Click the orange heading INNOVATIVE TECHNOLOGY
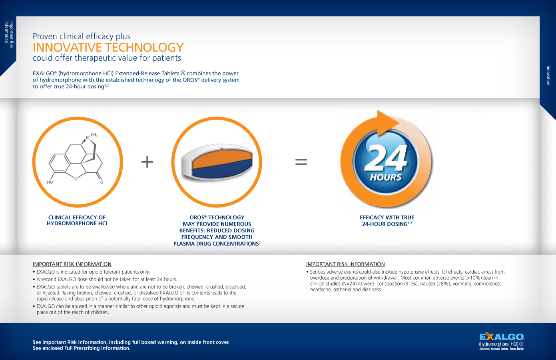[x=108, y=48]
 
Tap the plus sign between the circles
[x=147, y=162]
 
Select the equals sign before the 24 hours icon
[x=301, y=162]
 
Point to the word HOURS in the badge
[x=386, y=177]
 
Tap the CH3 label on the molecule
[x=94, y=135]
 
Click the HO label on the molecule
[x=50, y=182]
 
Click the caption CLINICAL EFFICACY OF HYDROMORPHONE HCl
[x=77, y=220]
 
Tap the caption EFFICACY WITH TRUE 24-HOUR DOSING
[x=387, y=221]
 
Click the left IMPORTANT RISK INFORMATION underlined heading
[x=72, y=264]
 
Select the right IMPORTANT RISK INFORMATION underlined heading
[x=345, y=264]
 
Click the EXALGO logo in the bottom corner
[x=502, y=341]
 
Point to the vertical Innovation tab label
[x=548, y=75]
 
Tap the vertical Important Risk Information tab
[x=9, y=35]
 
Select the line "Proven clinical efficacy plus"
[x=82, y=36]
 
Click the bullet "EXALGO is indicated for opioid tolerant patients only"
[x=93, y=272]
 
